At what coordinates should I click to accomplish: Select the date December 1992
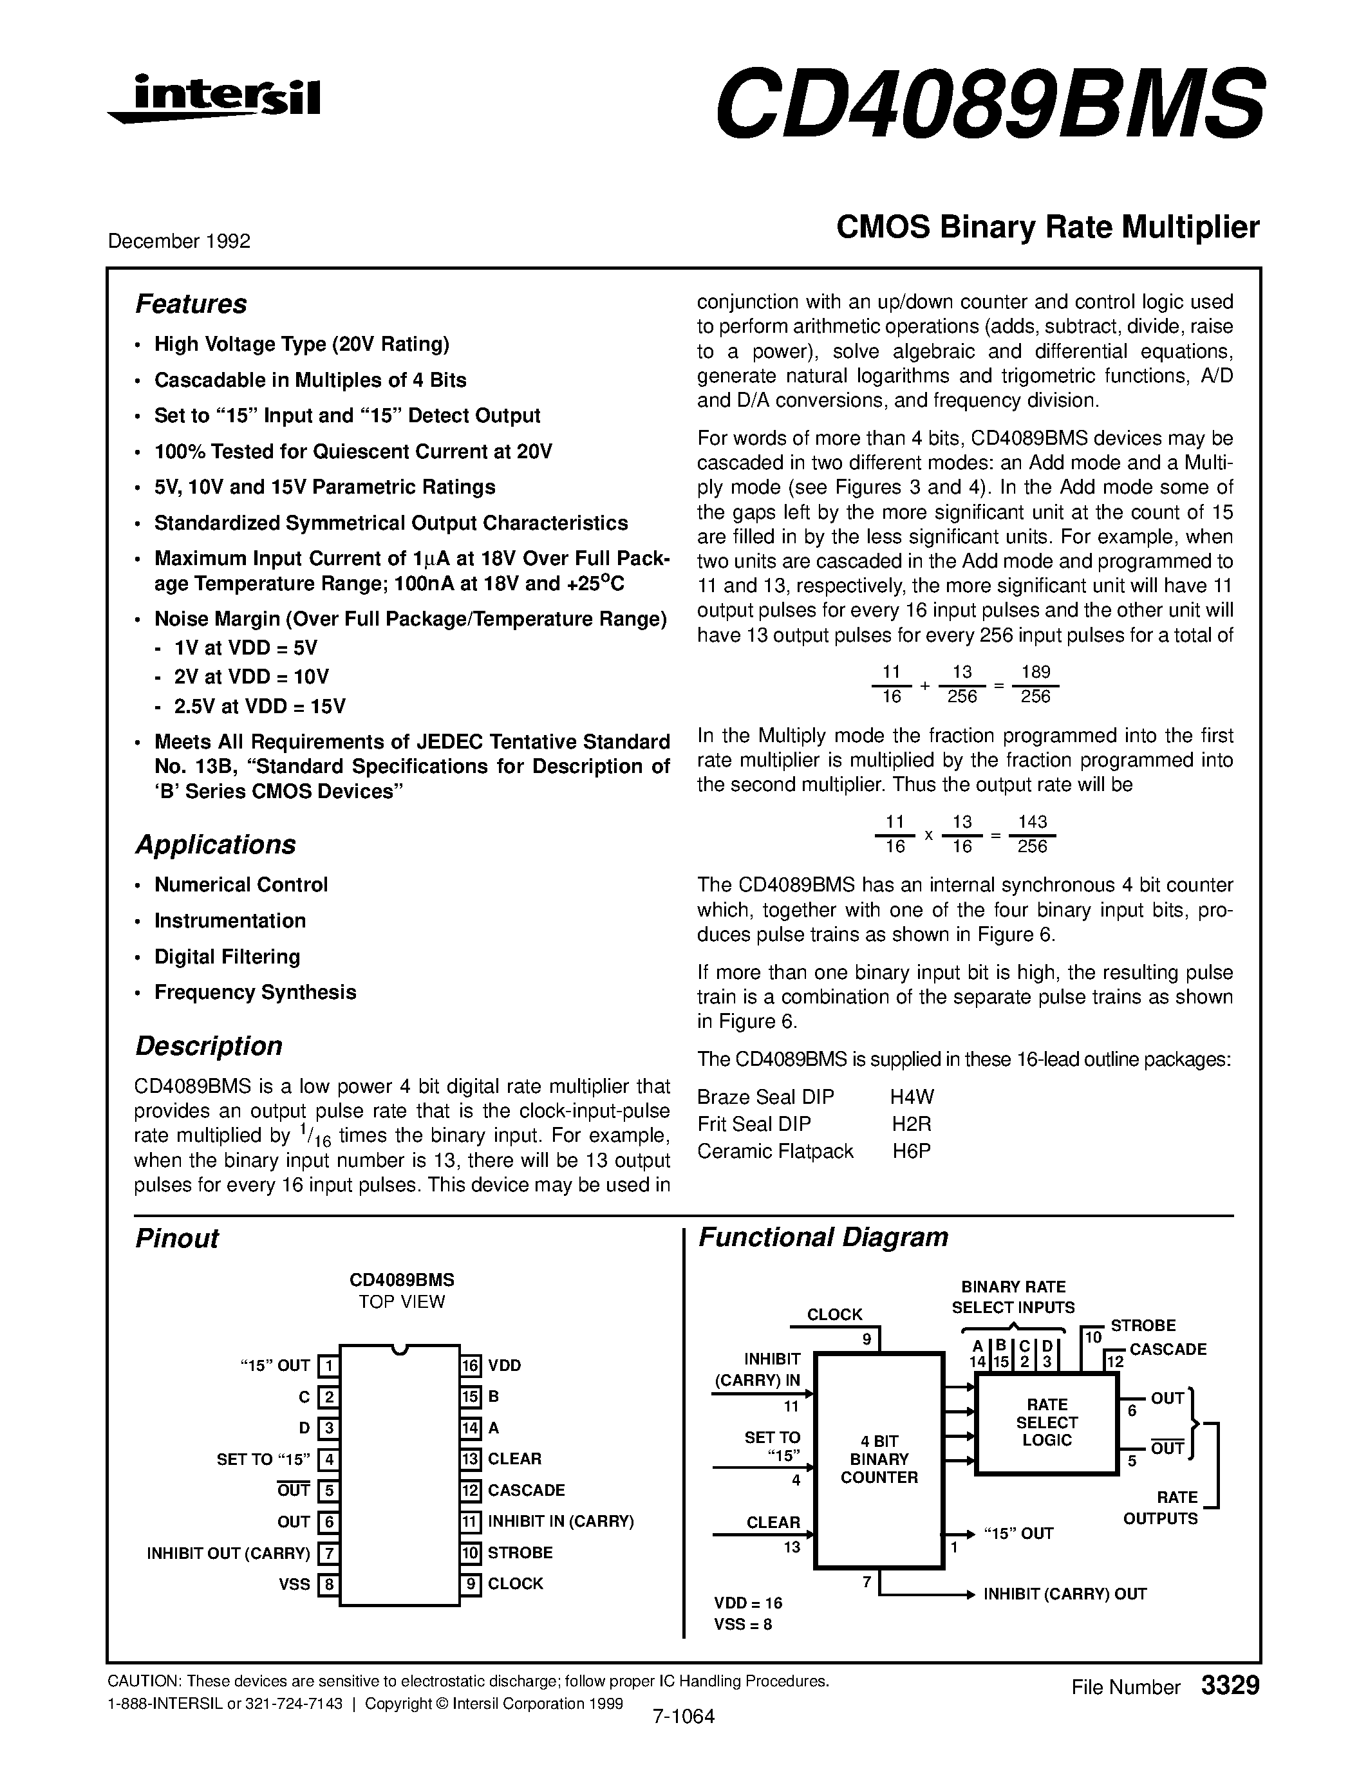178,241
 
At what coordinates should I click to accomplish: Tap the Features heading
191,304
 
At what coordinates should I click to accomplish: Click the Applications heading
215,844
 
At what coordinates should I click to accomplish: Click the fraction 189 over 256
1035,684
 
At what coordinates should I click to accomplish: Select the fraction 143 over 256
1032,834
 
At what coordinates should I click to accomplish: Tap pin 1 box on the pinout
328,1366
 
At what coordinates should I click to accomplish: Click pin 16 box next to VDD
471,1366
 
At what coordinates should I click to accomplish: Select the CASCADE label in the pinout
526,1491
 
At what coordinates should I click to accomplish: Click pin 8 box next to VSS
328,1585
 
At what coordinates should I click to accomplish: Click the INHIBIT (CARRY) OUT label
1064,1594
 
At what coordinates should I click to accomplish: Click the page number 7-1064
682,1717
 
